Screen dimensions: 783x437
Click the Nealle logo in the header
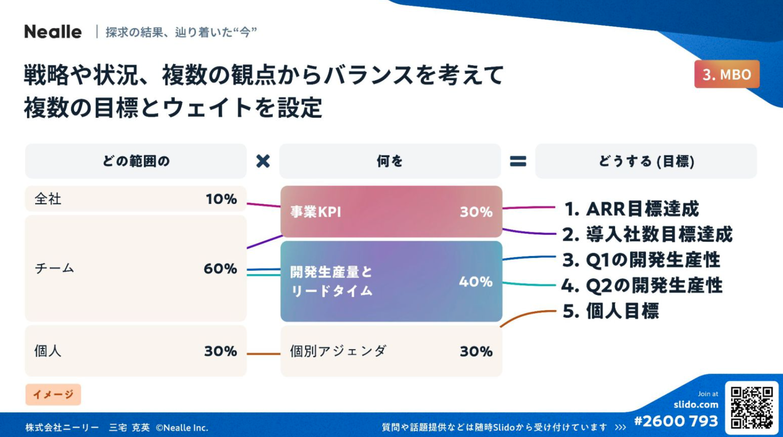[53, 32]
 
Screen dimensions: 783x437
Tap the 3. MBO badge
[727, 74]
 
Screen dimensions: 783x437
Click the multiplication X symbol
[263, 161]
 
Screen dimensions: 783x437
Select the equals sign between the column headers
[518, 161]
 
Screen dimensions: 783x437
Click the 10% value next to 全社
[221, 199]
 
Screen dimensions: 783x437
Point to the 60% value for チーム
[220, 269]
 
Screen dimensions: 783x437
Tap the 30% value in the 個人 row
[221, 351]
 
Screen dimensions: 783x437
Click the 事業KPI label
[315, 212]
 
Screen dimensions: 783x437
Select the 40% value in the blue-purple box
[476, 282]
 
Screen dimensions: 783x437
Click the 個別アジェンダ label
[338, 351]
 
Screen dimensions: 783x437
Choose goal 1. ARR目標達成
[632, 209]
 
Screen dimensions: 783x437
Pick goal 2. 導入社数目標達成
[647, 235]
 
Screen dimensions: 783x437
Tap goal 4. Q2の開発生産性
[642, 285]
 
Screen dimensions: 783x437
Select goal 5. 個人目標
[611, 311]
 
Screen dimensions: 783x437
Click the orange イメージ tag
[53, 394]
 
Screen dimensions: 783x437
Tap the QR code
[752, 408]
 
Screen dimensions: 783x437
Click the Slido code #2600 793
[676, 421]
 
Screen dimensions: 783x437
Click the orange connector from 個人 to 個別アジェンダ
[263, 354]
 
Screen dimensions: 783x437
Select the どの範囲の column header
[136, 161]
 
